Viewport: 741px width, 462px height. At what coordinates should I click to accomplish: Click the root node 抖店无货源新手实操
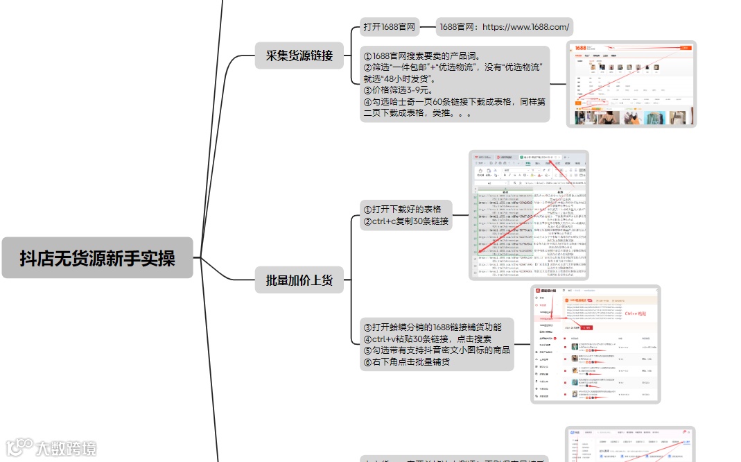[x=97, y=258]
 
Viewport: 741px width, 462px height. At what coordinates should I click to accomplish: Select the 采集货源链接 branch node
[x=299, y=56]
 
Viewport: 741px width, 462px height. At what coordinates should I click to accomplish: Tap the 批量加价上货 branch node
[x=299, y=280]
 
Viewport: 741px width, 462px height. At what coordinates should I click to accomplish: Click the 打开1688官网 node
[x=389, y=27]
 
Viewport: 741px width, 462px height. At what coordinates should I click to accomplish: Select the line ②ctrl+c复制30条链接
[x=406, y=222]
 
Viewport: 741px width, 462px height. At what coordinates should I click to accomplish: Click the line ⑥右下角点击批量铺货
[x=406, y=361]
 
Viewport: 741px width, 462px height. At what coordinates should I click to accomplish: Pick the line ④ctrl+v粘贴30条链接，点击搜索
[x=427, y=339]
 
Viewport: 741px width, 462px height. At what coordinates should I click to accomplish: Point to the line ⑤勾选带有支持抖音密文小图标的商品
[x=436, y=350]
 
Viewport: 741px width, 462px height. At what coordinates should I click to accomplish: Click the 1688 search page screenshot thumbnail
[x=631, y=84]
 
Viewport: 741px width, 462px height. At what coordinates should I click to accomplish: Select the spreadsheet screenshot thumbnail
[x=528, y=215]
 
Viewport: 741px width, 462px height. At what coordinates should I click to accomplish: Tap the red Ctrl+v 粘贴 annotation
[x=635, y=314]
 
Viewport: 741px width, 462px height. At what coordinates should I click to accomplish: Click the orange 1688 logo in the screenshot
[x=580, y=48]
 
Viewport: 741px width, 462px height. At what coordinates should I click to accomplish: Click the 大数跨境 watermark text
[x=67, y=448]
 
